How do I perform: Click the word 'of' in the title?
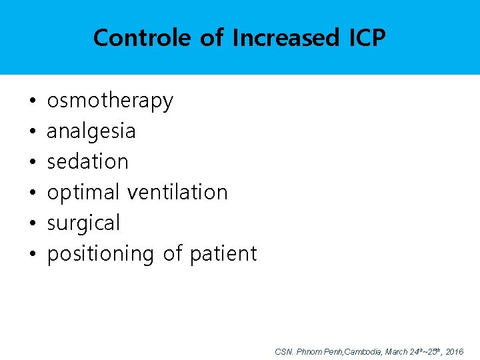point(212,38)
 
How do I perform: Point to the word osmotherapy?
point(110,101)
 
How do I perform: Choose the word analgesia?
point(91,131)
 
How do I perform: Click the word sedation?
point(87,161)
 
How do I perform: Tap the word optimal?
point(83,193)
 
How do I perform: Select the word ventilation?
point(177,193)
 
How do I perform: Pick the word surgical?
point(83,223)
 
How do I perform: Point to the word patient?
point(223,254)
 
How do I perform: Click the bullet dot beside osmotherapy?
point(33,102)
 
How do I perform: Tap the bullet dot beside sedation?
point(33,163)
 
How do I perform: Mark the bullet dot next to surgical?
point(33,224)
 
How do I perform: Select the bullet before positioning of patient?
point(33,255)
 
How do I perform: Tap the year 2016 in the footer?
point(453,351)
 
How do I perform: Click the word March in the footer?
point(397,351)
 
